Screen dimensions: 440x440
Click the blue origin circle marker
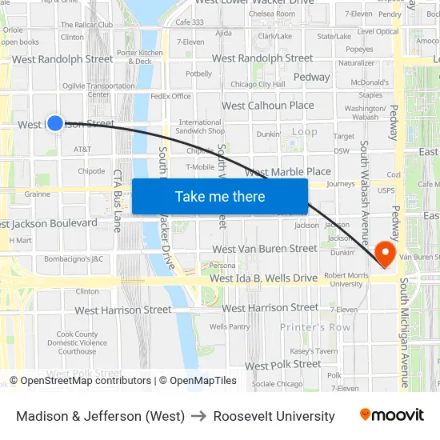tap(55, 122)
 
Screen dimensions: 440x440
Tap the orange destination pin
tap(386, 253)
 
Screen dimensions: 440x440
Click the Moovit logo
tap(391, 415)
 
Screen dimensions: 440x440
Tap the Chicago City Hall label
tap(258, 84)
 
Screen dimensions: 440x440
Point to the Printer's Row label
tap(315, 327)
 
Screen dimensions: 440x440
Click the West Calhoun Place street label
tap(267, 106)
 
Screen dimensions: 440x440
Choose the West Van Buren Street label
tap(264, 249)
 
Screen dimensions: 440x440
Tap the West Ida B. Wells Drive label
tap(264, 278)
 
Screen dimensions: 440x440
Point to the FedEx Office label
tap(170, 96)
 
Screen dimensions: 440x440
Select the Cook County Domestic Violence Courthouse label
tap(77, 342)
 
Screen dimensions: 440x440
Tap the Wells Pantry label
tap(230, 326)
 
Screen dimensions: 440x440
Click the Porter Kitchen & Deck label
tap(139, 57)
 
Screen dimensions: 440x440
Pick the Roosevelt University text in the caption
tap(274, 416)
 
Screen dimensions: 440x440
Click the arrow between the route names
tap(199, 416)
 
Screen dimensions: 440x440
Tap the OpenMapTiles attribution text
tap(198, 381)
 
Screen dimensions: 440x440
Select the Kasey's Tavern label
tap(313, 350)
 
